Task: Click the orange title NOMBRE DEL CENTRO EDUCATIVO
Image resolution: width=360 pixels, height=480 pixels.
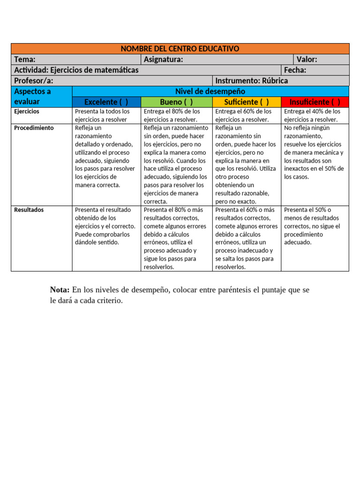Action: pyautogui.click(x=180, y=49)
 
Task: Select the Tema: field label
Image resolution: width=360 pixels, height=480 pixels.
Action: pyautogui.click(x=25, y=60)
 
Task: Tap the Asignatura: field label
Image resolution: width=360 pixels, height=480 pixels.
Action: pyautogui.click(x=163, y=60)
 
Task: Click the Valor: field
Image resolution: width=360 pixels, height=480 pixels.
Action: pyautogui.click(x=307, y=60)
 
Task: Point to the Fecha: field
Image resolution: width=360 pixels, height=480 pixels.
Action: pyautogui.click(x=295, y=70)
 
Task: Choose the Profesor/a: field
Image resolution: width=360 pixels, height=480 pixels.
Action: pyautogui.click(x=34, y=81)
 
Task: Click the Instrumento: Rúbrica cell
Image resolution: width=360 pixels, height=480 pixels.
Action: pyautogui.click(x=252, y=81)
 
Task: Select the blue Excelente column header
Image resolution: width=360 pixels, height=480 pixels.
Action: pyautogui.click(x=106, y=102)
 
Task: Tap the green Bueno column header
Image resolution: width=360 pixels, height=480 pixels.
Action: pyautogui.click(x=176, y=102)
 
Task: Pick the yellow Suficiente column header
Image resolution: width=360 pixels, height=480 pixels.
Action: pyautogui.click(x=247, y=102)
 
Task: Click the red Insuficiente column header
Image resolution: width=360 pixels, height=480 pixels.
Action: pyautogui.click(x=315, y=102)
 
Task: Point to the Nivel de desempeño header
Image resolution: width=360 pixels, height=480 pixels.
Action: pyautogui.click(x=210, y=91)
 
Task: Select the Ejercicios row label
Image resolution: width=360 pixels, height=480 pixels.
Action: pyautogui.click(x=27, y=112)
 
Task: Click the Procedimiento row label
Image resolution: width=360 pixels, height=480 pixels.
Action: pyautogui.click(x=34, y=128)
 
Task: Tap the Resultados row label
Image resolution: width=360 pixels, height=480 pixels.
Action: pyautogui.click(x=29, y=210)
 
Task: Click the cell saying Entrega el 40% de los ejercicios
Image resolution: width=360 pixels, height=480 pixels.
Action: pyautogui.click(x=315, y=116)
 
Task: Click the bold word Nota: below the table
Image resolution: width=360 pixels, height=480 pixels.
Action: pyautogui.click(x=60, y=290)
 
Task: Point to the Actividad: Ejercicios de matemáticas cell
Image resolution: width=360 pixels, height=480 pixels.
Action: pyautogui.click(x=76, y=70)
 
